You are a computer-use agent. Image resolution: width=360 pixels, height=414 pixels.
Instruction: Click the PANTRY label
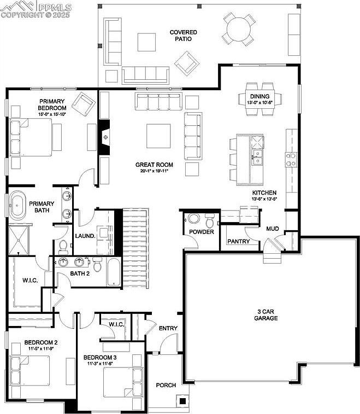(x=238, y=241)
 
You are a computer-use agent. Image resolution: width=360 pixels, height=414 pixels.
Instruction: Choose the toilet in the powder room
(x=210, y=221)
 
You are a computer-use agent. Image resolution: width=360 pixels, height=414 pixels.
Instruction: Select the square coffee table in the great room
(x=158, y=136)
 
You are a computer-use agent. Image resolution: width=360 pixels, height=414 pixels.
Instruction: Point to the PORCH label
(x=166, y=385)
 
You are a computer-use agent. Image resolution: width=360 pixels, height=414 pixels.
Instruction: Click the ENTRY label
(x=168, y=328)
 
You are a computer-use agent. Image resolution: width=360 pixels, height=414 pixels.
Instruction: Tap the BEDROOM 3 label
(x=100, y=358)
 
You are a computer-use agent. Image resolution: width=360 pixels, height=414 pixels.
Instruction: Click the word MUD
(x=272, y=229)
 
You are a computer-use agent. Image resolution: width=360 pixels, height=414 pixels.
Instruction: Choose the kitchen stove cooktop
(x=291, y=159)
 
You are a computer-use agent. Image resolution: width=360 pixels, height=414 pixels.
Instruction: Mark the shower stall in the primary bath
(x=20, y=238)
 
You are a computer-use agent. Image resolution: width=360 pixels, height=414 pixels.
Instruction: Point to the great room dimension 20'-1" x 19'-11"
(x=155, y=171)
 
